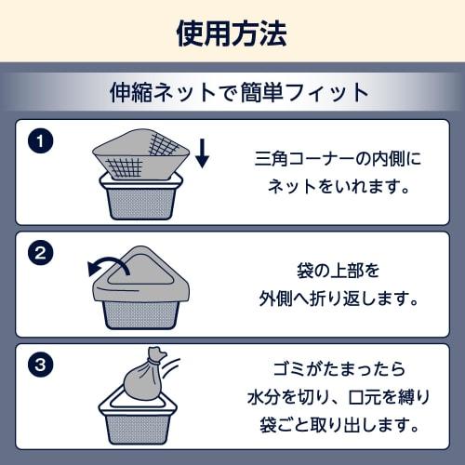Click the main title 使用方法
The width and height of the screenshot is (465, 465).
point(232,33)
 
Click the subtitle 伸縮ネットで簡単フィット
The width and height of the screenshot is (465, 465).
point(239,92)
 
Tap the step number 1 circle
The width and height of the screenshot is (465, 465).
point(40,141)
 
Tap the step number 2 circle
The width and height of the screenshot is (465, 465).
point(40,253)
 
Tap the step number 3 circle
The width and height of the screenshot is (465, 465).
point(40,365)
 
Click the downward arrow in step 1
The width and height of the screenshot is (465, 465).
point(202,153)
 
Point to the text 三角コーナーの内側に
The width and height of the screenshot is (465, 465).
point(338,159)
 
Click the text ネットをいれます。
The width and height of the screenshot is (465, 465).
point(339,186)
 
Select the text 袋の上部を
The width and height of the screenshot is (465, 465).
point(338,271)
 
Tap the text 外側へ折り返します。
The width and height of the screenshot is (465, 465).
point(339,299)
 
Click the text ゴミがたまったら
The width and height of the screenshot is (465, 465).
point(339,369)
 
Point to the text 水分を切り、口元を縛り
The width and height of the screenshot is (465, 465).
point(339,397)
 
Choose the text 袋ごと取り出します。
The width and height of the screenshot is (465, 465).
point(339,425)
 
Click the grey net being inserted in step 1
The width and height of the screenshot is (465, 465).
point(141,154)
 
